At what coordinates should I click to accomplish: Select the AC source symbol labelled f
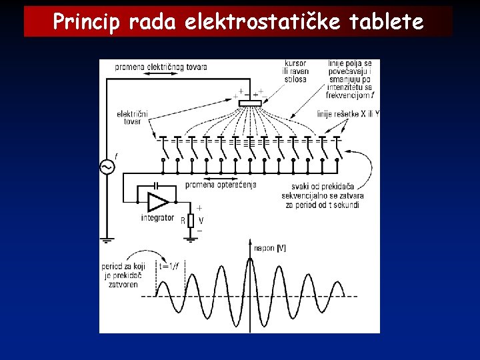107,167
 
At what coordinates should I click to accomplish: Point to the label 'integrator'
157,217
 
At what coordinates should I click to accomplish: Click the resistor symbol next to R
191,220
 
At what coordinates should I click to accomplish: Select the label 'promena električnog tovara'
161,67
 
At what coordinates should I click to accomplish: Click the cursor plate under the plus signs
250,103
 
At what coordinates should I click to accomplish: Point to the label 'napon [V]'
270,248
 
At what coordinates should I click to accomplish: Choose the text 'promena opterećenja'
220,185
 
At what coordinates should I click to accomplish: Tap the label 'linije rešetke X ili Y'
348,114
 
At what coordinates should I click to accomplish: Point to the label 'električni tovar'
132,117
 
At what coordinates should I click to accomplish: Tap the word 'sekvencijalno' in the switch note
313,195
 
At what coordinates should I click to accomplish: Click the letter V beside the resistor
201,220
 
